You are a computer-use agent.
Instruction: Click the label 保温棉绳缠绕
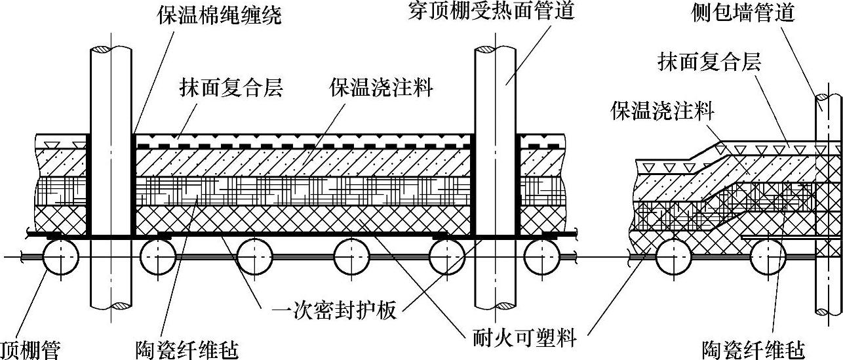219,15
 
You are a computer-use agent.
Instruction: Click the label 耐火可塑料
524,338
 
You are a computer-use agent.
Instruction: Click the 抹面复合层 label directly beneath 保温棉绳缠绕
231,89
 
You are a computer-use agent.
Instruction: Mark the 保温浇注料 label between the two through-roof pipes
381,89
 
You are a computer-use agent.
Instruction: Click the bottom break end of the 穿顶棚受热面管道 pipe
496,306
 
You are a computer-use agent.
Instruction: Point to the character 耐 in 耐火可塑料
483,338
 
